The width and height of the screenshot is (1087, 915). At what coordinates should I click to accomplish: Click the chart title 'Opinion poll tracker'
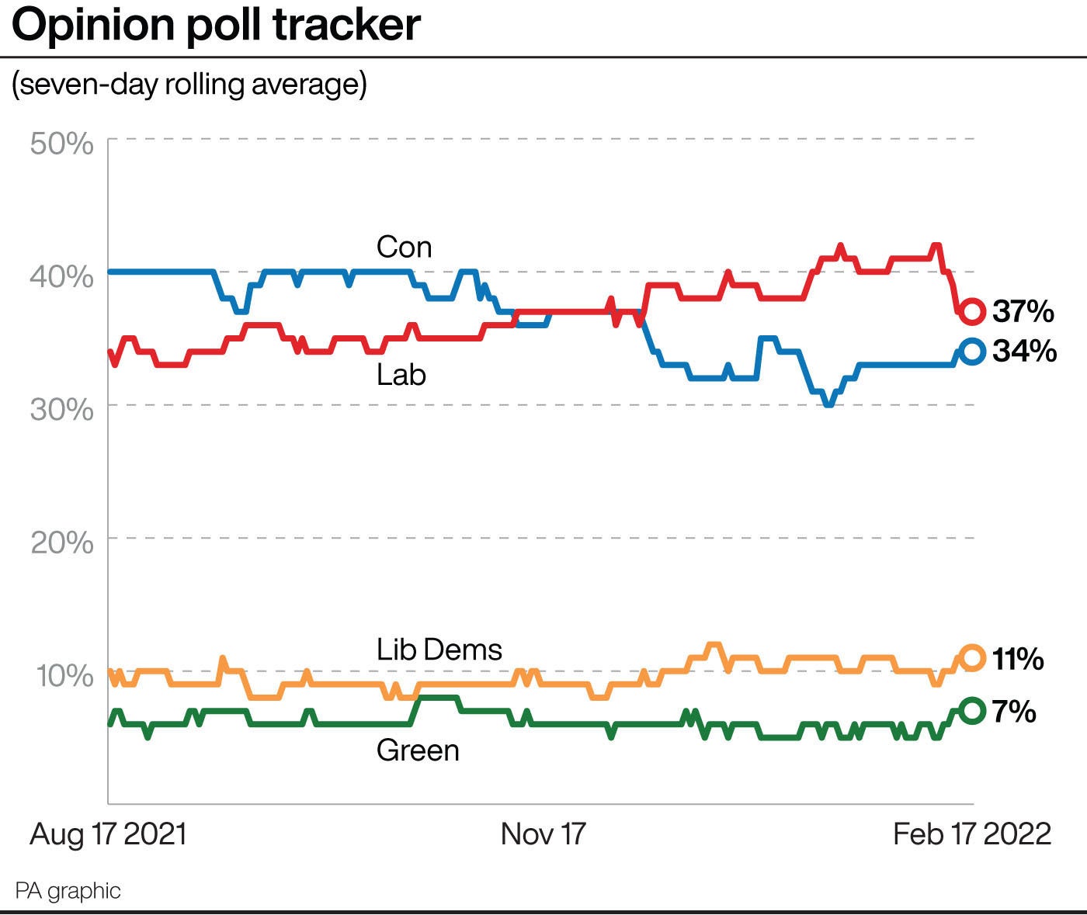click(x=216, y=25)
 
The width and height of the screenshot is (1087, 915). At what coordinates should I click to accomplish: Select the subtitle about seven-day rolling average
click(x=189, y=84)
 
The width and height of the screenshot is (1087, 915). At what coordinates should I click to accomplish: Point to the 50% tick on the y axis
click(x=62, y=144)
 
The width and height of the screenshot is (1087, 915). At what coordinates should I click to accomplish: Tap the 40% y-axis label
click(x=62, y=276)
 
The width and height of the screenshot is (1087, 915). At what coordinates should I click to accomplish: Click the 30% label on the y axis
click(x=62, y=409)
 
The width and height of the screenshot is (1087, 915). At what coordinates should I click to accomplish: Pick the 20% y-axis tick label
click(x=62, y=542)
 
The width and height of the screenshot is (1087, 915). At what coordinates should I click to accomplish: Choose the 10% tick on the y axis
click(x=64, y=675)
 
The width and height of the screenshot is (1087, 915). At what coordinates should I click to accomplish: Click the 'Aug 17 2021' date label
click(x=109, y=834)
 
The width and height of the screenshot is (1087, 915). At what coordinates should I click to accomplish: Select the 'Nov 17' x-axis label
click(x=543, y=834)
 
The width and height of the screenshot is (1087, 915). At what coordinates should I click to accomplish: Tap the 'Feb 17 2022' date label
click(x=972, y=834)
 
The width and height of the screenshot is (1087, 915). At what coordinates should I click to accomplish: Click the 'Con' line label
click(x=404, y=248)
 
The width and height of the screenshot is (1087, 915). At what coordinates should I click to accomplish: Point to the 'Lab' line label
click(x=401, y=375)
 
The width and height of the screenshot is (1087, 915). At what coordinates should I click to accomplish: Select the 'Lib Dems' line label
click(x=439, y=650)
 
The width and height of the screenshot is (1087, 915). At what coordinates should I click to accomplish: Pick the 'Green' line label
click(x=418, y=750)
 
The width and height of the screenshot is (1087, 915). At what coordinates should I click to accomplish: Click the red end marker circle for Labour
click(x=972, y=311)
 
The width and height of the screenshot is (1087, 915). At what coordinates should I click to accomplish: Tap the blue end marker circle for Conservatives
click(x=972, y=352)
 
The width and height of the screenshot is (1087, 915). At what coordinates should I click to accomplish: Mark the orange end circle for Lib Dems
click(x=972, y=657)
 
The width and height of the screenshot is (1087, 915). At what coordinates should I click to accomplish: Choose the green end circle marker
click(x=972, y=710)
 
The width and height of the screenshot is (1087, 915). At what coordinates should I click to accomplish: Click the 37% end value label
click(x=1023, y=311)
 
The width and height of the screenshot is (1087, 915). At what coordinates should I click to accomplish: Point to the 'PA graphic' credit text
click(x=68, y=890)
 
